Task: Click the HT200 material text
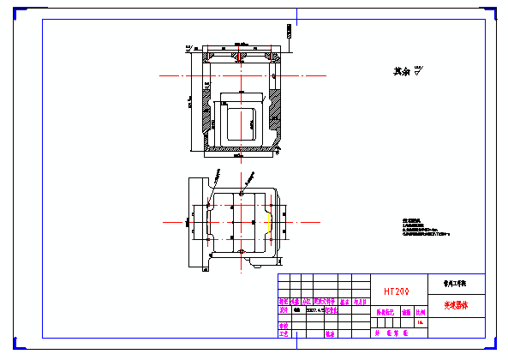click(x=396, y=291)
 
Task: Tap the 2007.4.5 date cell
click(x=314, y=312)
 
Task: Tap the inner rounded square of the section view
click(x=241, y=118)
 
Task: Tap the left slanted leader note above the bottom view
click(x=217, y=177)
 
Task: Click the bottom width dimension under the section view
click(x=241, y=160)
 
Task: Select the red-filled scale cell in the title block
click(x=420, y=314)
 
